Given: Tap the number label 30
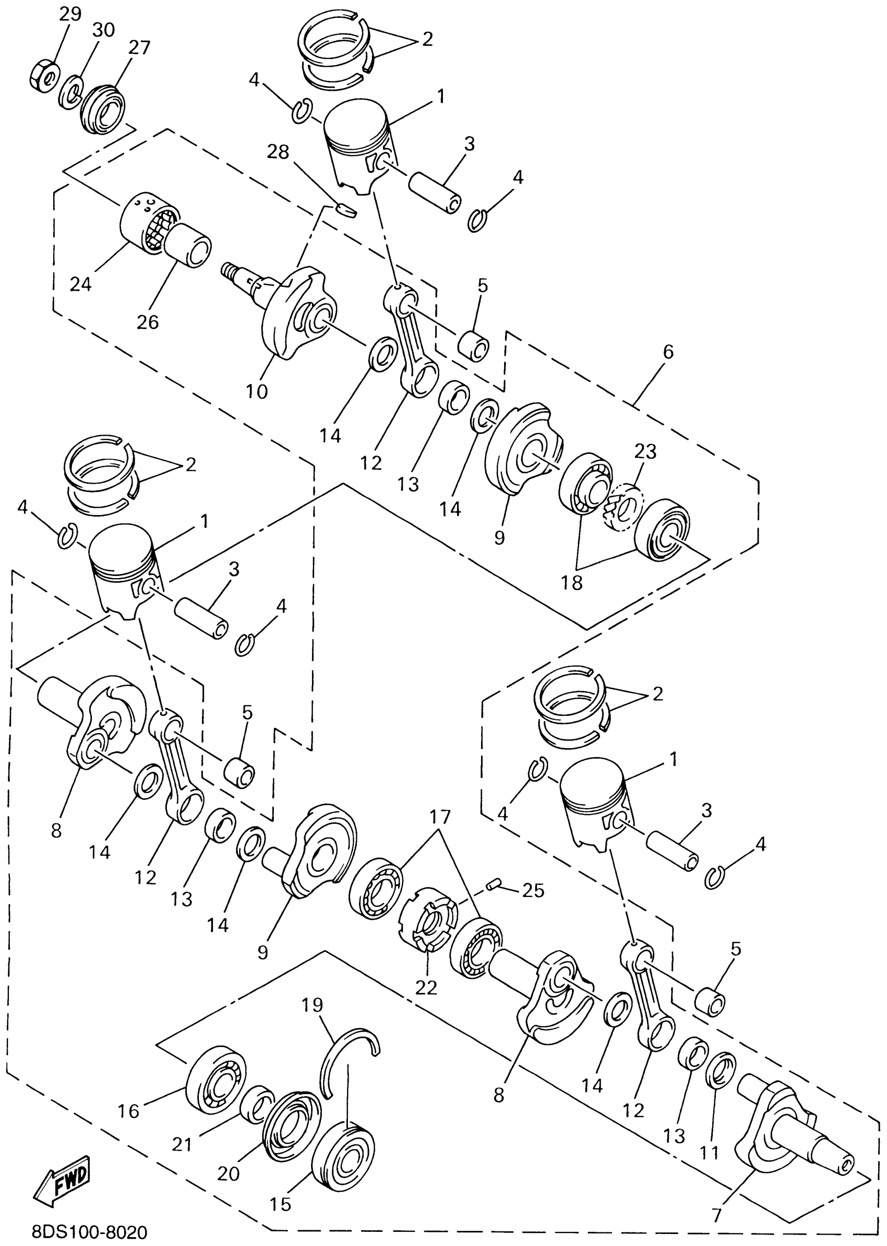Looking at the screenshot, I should [103, 30].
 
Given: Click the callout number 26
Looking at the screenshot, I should [148, 322].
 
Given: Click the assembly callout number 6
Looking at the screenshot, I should [668, 352].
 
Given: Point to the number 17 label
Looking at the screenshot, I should [440, 817].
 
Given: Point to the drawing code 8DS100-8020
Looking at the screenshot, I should [89, 1232].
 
